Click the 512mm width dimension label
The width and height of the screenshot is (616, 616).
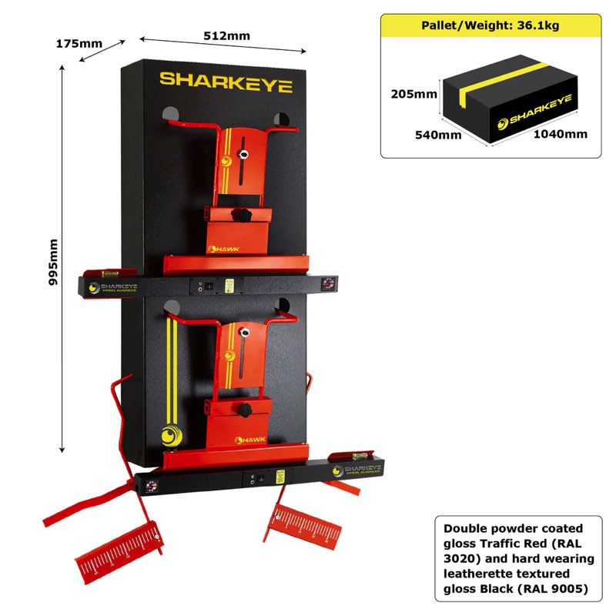tap(226, 35)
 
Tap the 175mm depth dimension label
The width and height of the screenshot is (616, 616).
tap(79, 43)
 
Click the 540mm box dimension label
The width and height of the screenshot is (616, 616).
tap(438, 134)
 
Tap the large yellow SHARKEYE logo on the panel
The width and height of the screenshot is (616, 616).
tap(226, 82)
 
